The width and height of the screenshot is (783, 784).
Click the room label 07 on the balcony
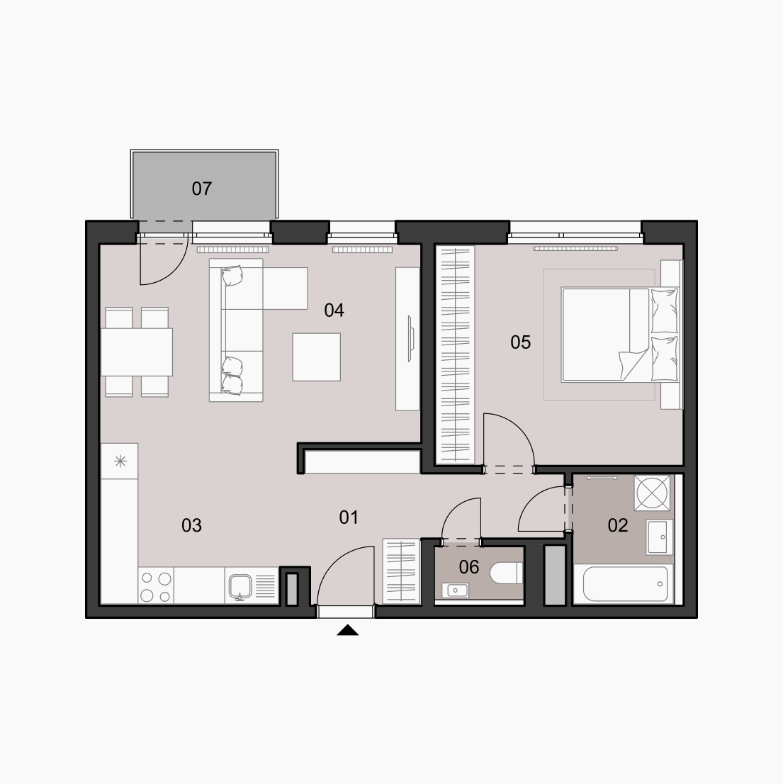coord(202,189)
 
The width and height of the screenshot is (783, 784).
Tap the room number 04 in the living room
coord(334,310)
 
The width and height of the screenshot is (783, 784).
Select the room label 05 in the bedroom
coord(520,342)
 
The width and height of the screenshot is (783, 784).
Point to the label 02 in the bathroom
coord(618,525)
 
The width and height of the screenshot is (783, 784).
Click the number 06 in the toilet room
coord(468,567)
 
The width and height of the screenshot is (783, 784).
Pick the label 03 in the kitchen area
coord(191,525)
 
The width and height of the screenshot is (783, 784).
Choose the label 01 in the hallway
coord(349,517)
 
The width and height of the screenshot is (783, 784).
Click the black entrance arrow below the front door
coord(348,630)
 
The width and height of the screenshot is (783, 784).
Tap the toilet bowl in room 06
coord(506,573)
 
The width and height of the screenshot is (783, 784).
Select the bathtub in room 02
coord(624,584)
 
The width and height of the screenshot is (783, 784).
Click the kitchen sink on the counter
coord(240,586)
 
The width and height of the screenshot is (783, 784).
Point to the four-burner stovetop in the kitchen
coord(156,586)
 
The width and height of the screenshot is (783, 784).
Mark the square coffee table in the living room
coord(317,357)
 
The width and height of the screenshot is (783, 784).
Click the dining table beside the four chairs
coord(137,352)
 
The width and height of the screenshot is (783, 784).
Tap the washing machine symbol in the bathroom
coord(652,493)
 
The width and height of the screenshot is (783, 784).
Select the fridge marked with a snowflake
coord(120,461)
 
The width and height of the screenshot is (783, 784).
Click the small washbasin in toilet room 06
coord(455,590)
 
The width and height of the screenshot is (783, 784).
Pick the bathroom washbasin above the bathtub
coord(660,537)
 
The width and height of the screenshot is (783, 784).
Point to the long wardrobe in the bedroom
coord(455,354)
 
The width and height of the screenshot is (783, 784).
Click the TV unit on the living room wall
coord(407,339)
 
